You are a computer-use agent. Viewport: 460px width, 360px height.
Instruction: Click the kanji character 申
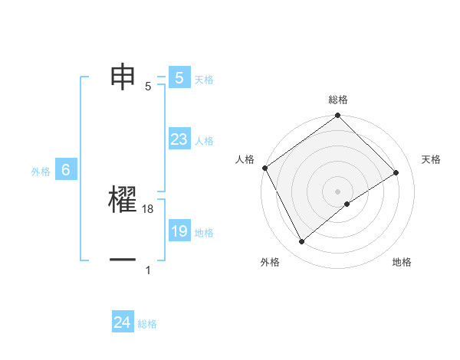[x=123, y=77]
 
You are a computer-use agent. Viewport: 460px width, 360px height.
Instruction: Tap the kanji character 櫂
[x=123, y=201]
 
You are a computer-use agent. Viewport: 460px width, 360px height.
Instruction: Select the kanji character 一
[x=123, y=260]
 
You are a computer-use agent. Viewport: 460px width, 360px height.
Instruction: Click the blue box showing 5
[x=179, y=77]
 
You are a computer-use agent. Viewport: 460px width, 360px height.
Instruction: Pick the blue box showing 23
[x=179, y=139]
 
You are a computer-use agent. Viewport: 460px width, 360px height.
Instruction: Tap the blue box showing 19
[x=179, y=231]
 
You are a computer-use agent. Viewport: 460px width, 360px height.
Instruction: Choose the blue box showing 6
[x=66, y=171]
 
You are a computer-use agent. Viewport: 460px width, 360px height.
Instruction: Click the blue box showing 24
[x=123, y=322]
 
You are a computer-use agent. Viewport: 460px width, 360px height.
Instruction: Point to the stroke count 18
[x=149, y=209]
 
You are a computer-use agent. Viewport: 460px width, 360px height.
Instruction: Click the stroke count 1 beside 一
[x=147, y=270]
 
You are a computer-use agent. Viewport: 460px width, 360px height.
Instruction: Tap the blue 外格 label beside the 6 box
[x=41, y=172]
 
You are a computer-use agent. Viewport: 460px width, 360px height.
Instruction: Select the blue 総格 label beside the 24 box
[x=147, y=324]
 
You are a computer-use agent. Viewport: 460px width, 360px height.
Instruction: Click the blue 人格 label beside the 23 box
[x=204, y=141]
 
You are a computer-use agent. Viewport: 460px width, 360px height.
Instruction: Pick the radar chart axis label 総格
[x=338, y=100]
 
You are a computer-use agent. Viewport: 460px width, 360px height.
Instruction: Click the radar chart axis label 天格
[x=431, y=159]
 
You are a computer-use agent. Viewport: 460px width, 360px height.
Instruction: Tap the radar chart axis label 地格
[x=402, y=262]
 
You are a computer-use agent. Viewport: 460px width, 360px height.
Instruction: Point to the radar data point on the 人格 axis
[x=264, y=168]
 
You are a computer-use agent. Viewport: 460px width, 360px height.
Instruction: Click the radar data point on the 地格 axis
[x=347, y=204]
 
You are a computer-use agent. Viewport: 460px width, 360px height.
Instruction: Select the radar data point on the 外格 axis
[x=301, y=242]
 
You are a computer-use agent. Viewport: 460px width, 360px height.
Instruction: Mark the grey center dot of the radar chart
[x=338, y=191]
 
